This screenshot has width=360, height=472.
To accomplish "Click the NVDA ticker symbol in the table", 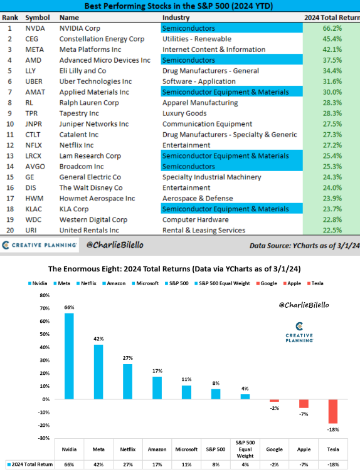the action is [35, 28].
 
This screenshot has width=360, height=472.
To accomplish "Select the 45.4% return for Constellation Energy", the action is [332, 39].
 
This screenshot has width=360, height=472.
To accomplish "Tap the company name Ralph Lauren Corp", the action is [89, 103].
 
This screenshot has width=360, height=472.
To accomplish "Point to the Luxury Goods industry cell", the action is [184, 113].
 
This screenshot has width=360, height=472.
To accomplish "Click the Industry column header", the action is [176, 18].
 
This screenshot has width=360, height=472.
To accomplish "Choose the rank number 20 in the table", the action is [10, 230].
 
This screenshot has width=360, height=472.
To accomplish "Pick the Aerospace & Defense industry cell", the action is [198, 198].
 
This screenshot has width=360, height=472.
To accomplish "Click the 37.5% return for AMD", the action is [332, 60].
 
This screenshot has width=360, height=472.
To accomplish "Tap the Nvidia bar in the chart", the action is [69, 356].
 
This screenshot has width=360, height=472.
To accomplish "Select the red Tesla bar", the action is [333, 411].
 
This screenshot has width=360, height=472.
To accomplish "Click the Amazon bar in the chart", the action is [157, 388].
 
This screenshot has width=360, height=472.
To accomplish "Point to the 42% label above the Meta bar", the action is [98, 338].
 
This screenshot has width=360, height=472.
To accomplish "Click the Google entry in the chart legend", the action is [267, 283].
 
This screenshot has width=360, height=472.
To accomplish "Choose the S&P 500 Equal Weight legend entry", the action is [222, 283].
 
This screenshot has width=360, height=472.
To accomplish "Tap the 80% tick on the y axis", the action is [45, 295].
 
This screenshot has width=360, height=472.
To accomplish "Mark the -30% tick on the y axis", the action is [44, 438].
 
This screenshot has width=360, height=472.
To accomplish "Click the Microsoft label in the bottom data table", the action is [186, 449].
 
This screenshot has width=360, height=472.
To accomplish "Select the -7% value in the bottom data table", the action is [304, 464].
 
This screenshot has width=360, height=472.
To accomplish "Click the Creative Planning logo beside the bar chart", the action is [299, 332].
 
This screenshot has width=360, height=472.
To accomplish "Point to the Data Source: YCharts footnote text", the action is [304, 246].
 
